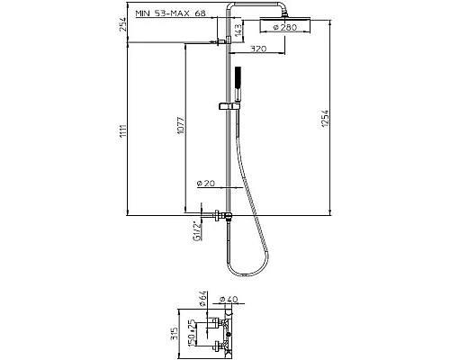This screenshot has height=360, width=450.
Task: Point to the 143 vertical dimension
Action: (237, 31)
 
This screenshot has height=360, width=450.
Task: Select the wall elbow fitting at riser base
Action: (220, 216)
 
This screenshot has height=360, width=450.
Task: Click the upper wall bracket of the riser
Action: (220, 40)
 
